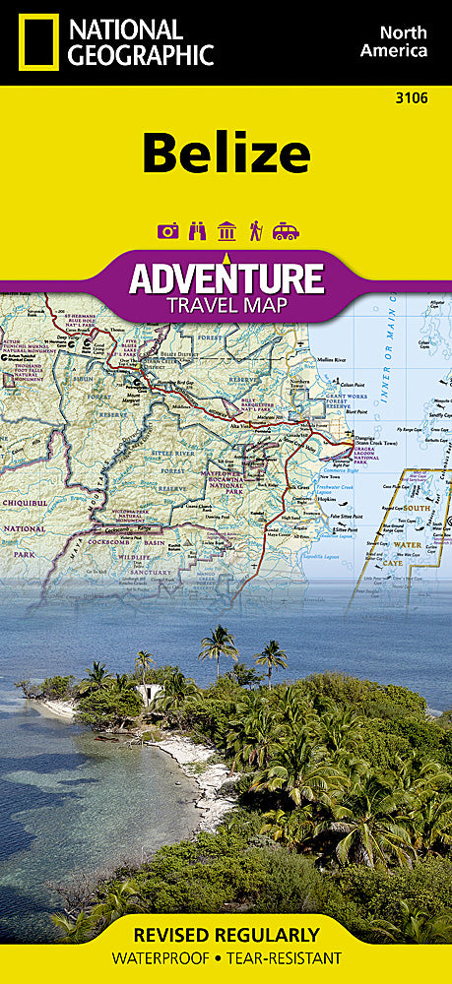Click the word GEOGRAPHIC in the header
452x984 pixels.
[x=139, y=55]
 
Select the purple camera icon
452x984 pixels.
[x=166, y=231]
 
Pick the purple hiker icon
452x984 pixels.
[x=255, y=231]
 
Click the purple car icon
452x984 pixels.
[x=286, y=231]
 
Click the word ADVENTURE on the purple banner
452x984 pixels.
[x=226, y=277]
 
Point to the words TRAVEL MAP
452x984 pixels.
[x=226, y=304]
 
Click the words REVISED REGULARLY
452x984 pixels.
[x=226, y=935]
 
